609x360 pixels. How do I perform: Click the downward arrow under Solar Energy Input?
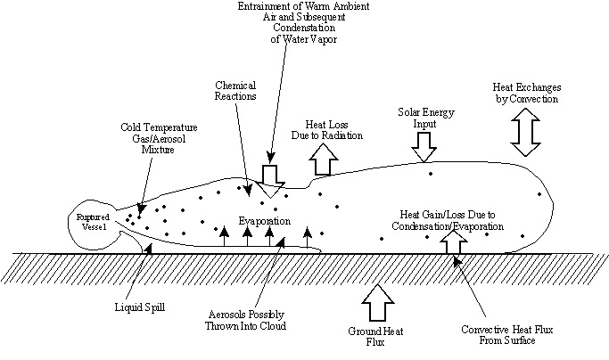[x=425, y=140]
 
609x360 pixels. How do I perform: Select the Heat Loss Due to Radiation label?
[x=327, y=129]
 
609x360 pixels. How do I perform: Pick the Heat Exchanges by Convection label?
[x=526, y=94]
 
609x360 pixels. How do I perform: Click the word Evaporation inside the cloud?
[x=264, y=220]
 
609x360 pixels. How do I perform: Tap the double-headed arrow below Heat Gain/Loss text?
[x=453, y=243]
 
